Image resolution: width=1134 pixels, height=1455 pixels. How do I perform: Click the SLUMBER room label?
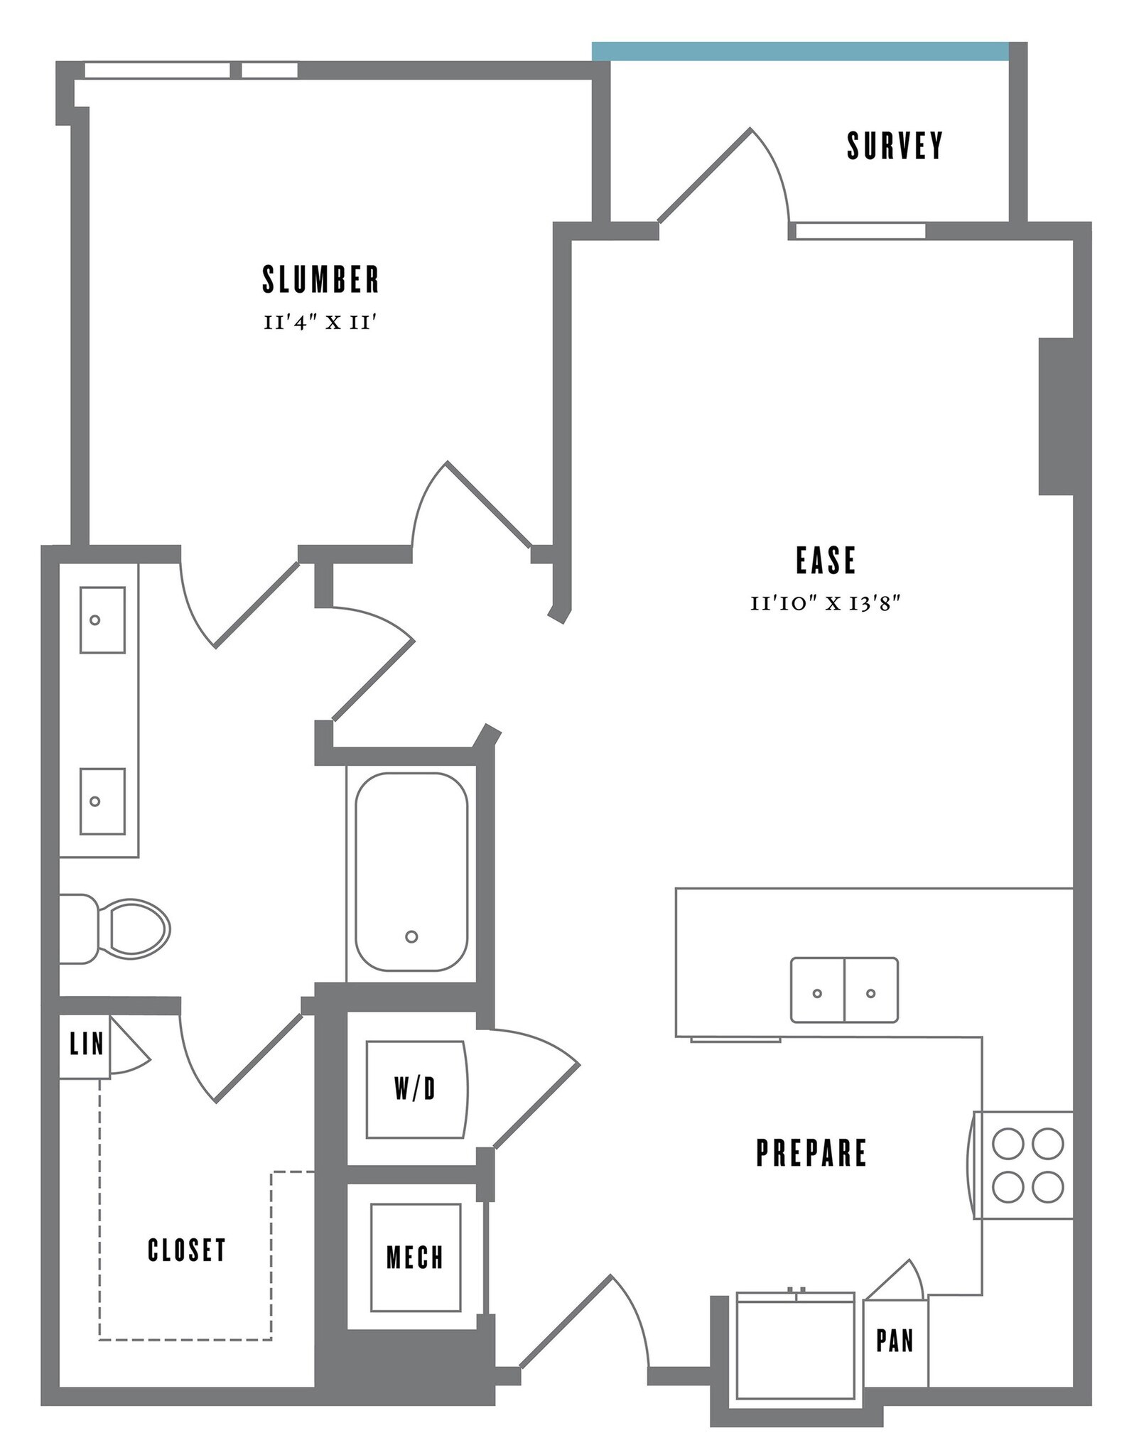320,280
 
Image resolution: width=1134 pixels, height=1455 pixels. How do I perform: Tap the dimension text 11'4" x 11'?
319,323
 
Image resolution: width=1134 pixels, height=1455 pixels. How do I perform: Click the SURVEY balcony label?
895,146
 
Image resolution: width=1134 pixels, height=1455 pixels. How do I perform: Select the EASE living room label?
826,560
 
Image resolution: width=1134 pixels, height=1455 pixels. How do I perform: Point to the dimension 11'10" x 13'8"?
826,604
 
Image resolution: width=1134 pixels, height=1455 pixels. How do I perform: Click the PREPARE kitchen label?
811,1152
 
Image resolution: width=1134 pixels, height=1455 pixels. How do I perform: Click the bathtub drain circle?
411,936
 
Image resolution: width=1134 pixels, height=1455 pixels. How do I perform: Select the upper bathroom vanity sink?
102,620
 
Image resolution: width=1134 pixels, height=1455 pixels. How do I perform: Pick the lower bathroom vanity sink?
102,801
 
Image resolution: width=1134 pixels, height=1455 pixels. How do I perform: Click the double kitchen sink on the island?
844,990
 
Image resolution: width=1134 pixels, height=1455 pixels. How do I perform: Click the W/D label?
415,1088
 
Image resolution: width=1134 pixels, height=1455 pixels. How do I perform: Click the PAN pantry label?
895,1341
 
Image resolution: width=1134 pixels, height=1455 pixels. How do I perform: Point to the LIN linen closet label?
86,1044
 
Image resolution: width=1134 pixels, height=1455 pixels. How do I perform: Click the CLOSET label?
187,1250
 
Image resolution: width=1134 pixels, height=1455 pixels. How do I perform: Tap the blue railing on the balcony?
800,51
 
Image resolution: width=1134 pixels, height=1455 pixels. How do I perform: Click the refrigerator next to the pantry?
796,1345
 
